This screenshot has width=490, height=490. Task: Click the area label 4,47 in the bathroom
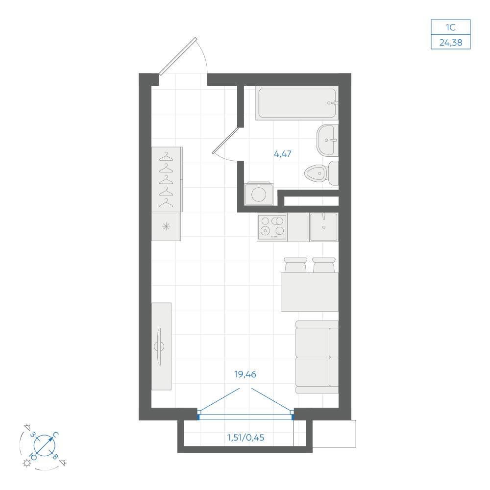tap(283, 154)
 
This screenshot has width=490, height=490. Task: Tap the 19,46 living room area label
tap(245, 374)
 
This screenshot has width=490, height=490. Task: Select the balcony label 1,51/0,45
tap(245, 438)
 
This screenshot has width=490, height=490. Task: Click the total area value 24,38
tap(451, 43)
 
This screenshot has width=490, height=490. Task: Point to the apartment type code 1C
tap(450, 27)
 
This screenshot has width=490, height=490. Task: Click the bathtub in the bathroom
tap(297, 103)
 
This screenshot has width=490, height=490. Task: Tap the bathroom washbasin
tap(327, 140)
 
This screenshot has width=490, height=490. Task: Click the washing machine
tap(259, 194)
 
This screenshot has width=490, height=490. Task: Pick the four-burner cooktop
tap(272, 226)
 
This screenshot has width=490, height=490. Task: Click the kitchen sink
tap(324, 227)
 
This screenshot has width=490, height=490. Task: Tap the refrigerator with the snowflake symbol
tap(166, 226)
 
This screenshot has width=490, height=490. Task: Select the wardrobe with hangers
tap(167, 179)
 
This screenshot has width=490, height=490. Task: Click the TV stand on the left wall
tap(161, 346)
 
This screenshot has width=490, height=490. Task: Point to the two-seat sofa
tap(317, 357)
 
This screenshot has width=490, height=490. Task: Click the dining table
tap(309, 292)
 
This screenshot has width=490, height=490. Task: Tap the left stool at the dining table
tap(295, 265)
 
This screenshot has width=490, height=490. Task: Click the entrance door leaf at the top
tap(178, 56)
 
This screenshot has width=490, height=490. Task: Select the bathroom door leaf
tap(225, 141)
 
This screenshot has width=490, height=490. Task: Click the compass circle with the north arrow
tap(45, 445)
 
